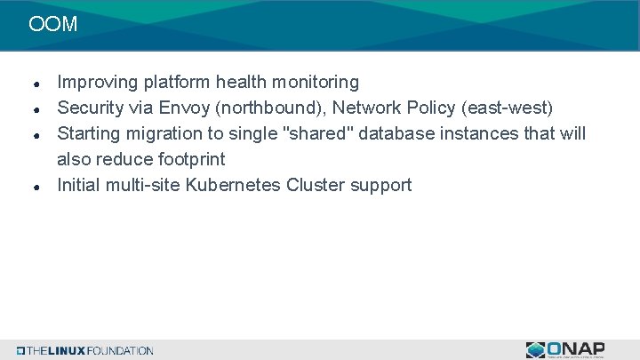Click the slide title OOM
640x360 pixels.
click(x=52, y=24)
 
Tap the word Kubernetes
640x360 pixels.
click(x=235, y=186)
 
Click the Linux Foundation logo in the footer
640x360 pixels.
click(x=84, y=350)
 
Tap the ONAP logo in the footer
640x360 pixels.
click(x=565, y=349)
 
